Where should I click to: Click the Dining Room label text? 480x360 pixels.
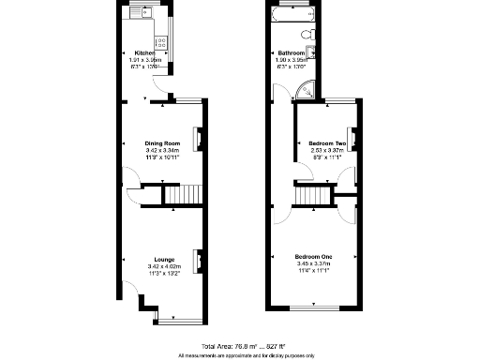pos(156,142)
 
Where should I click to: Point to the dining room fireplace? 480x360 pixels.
pos(197,139)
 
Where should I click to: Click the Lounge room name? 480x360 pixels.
pos(165,260)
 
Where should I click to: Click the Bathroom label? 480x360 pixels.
pos(289,52)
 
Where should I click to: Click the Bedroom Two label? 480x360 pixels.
pos(328,143)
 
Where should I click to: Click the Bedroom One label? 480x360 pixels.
pos(313,256)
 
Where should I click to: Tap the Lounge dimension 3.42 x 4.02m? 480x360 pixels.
pos(165,267)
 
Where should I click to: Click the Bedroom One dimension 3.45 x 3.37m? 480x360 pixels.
pos(313,263)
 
